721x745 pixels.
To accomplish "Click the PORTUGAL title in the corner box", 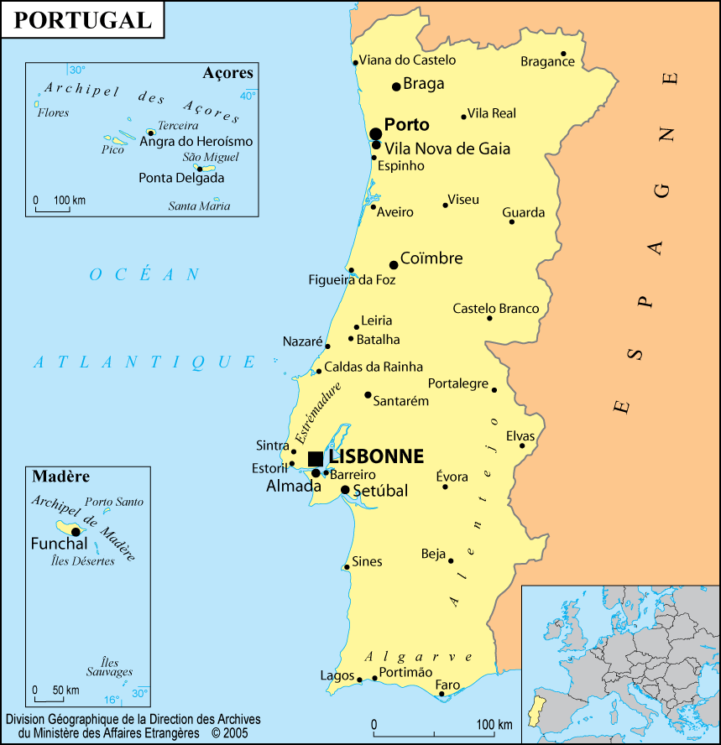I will point(83,20).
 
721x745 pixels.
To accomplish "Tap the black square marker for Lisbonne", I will point(316,458).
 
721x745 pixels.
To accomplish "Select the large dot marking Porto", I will point(376,133).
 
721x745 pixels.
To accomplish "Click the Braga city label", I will point(424,84).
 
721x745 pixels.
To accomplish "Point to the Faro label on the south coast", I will point(447,685).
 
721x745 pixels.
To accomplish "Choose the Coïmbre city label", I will point(431,258).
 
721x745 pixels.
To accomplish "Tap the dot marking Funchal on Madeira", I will point(76,531).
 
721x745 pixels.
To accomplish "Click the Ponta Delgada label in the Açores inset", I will point(181,178).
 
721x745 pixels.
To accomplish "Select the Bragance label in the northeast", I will point(547,61).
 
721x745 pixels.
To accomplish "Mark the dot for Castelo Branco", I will point(489,318).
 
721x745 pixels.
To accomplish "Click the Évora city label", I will point(452,477).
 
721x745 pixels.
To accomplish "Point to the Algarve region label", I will point(419,657).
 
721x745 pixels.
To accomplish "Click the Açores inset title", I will point(227,73).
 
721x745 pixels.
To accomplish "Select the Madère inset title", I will point(60,477).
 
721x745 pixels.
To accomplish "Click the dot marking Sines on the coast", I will point(347,567).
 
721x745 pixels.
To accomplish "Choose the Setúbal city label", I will point(380,491).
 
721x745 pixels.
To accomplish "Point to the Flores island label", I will point(53,112).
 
